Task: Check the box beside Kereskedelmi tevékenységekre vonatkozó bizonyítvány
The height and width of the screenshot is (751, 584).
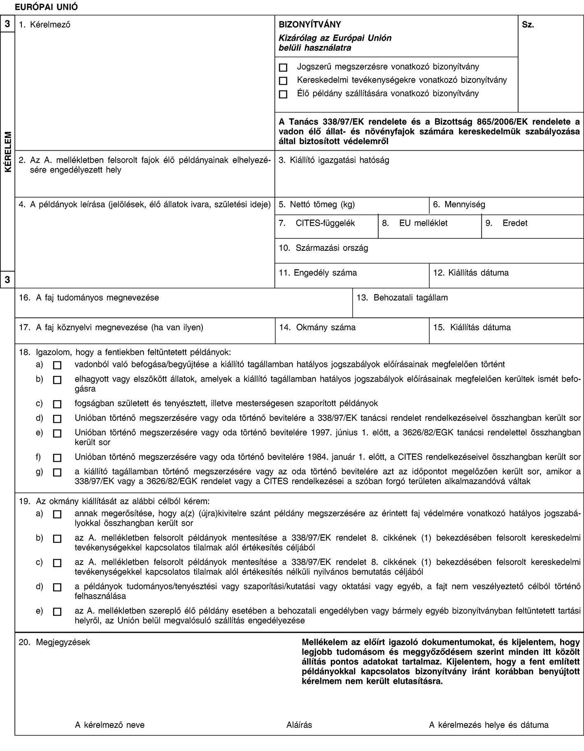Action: click(x=283, y=81)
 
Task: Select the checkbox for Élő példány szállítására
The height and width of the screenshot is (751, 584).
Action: click(x=283, y=94)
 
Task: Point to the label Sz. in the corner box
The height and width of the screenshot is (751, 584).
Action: click(x=528, y=25)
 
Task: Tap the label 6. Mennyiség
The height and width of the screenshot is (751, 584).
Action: click(x=459, y=204)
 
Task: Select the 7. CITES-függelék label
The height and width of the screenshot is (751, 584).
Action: click(x=325, y=224)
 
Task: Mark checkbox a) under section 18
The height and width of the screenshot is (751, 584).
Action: click(x=57, y=365)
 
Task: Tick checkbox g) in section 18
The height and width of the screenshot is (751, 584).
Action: click(x=57, y=473)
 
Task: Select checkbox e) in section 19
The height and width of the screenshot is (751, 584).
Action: click(x=57, y=612)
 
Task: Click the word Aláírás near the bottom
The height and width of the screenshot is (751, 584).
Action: click(x=299, y=725)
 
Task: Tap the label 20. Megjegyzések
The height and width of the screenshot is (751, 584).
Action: click(x=56, y=641)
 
